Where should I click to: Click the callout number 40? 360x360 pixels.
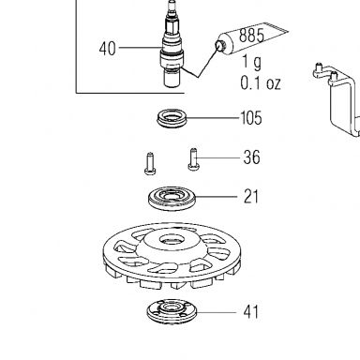[x=108, y=49]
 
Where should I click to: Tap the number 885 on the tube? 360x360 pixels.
[x=251, y=36]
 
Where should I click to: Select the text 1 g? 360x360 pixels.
[x=252, y=62]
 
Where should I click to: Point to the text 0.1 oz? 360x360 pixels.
[x=261, y=83]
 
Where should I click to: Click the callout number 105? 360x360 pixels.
[x=251, y=118]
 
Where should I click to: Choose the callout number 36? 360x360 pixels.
[x=251, y=157]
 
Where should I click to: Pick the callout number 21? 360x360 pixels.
[x=251, y=197]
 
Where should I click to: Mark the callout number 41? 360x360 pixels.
[x=251, y=312]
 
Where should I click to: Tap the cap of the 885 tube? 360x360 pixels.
[x=219, y=46]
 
